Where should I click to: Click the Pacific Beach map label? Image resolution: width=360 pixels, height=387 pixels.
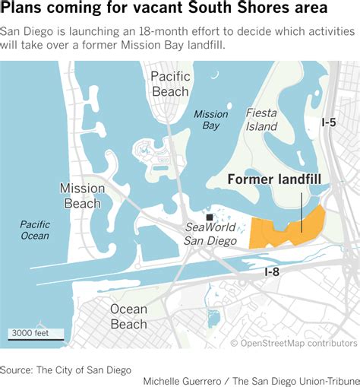coord(169,84)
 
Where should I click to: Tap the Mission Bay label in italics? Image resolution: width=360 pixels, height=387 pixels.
coord(210,120)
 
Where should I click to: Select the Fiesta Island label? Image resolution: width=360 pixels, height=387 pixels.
coord(261,119)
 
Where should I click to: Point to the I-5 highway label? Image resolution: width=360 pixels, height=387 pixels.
coord(328,122)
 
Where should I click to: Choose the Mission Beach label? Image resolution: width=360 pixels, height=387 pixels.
coord(83,195)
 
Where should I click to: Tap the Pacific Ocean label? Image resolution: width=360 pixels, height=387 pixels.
coord(34,230)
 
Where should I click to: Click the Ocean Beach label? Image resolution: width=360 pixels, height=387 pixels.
coord(128,316)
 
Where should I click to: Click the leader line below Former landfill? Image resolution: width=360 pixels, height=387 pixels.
coord(302,212)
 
